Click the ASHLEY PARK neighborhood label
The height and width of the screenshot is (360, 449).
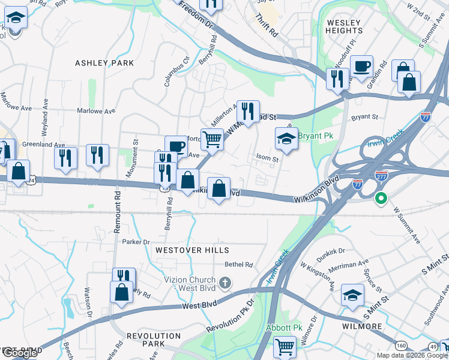[104, 63]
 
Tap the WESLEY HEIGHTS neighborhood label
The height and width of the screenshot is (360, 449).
[345, 26]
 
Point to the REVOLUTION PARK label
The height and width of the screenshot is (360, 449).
[154, 340]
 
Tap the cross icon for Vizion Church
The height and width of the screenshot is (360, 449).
[224, 283]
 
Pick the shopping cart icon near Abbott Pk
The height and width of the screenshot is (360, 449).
[285, 347]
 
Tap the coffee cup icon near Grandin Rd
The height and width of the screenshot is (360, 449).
[361, 66]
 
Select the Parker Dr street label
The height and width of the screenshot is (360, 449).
[135, 242]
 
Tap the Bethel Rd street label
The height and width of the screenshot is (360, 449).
[239, 264]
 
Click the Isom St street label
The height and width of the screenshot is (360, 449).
[267, 160]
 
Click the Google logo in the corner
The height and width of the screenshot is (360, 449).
[20, 353]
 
